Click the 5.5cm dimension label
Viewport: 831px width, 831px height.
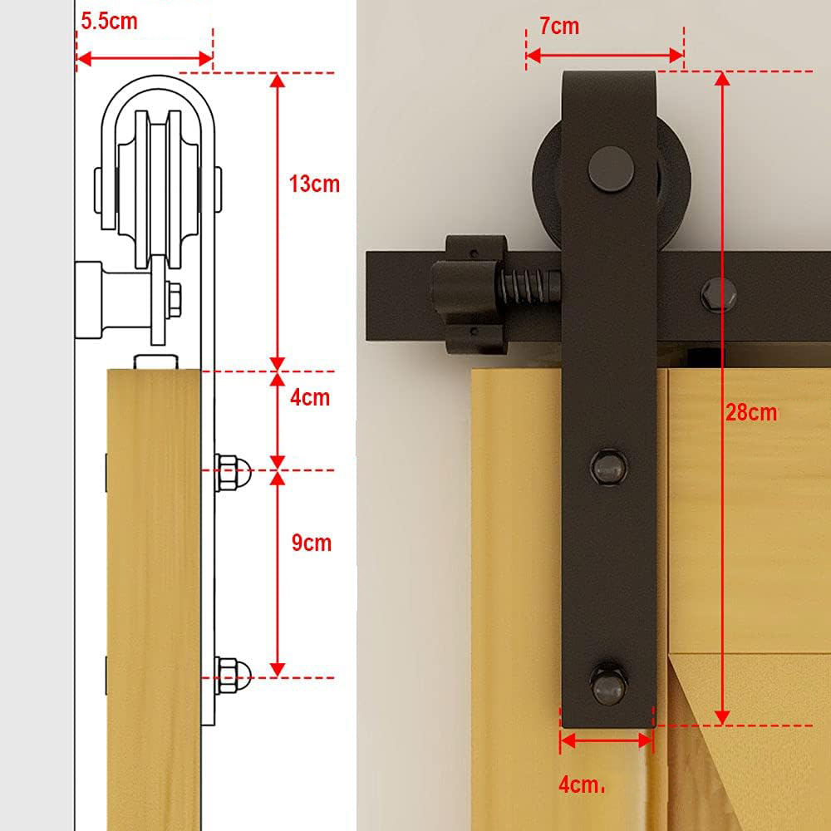(109, 22)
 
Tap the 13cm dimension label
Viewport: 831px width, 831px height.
(314, 184)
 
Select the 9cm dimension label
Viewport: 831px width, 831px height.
(312, 543)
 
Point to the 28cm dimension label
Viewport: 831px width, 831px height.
(751, 412)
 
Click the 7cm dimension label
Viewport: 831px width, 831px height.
(559, 26)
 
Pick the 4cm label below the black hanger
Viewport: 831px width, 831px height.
(582, 785)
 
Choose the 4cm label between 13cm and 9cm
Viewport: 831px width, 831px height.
(310, 397)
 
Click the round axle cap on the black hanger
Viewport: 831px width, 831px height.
(611, 169)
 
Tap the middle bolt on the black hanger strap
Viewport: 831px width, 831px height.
(608, 467)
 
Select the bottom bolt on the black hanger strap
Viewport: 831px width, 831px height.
(608, 685)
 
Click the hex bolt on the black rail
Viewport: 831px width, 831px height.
(718, 295)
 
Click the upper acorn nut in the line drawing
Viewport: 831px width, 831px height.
(233, 471)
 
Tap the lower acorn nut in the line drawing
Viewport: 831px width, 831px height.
(233, 676)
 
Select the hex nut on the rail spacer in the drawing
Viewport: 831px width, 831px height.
(173, 301)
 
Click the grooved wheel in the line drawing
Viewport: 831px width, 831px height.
(158, 188)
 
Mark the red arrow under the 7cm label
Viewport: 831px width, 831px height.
(605, 55)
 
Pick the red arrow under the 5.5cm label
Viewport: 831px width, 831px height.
(145, 58)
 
